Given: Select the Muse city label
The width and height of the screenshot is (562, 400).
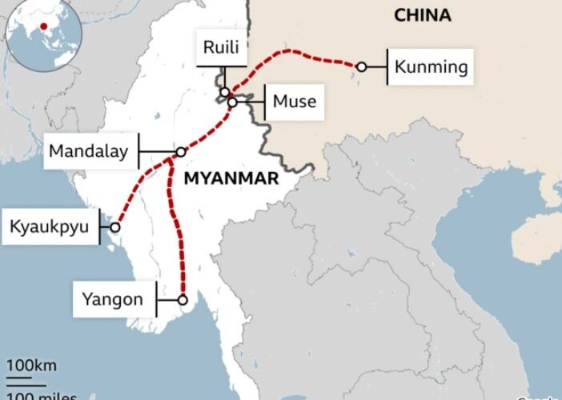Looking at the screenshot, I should tap(294, 102).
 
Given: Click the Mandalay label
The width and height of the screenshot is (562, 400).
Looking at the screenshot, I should tap(88, 151).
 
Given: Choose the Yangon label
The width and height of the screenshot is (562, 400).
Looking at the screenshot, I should tap(112, 301).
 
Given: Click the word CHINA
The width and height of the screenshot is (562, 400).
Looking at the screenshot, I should tap(422, 15).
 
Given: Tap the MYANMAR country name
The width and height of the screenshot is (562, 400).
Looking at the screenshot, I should tap(231, 178).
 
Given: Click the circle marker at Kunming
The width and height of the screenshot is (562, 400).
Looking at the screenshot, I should tap(361, 67).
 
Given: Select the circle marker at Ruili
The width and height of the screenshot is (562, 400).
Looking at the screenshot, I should tap(227, 92).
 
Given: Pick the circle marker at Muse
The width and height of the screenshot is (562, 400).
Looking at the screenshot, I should tap(231, 102).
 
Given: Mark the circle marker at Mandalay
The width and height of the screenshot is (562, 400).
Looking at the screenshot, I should tap(181, 151).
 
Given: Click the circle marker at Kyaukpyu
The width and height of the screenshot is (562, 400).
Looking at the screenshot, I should tap(115, 227).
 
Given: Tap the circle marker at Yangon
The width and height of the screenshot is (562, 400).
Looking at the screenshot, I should tap(183, 301).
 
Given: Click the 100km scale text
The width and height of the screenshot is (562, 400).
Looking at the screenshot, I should tap(32, 366).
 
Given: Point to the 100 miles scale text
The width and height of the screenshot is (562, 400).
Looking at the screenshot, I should tap(42, 395).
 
